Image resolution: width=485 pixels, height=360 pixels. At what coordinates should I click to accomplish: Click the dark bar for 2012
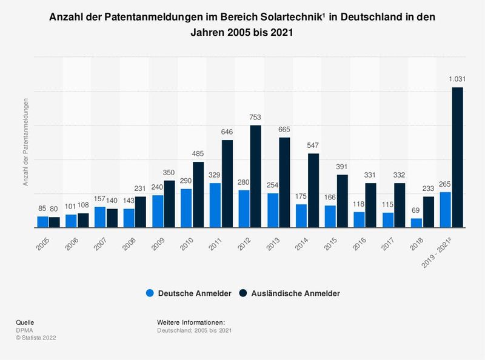[256, 176]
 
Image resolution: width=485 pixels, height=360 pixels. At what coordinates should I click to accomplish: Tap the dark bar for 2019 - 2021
[458, 158]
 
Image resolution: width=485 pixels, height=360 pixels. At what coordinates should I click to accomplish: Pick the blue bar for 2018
[416, 222]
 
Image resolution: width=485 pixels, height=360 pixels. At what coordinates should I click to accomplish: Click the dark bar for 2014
[313, 190]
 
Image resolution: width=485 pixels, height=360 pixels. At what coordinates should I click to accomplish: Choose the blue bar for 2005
[42, 221]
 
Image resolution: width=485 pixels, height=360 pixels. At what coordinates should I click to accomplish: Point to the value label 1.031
[457, 79]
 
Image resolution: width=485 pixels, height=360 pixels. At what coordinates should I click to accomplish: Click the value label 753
[256, 118]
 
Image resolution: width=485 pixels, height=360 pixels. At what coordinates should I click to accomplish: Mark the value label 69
[416, 210]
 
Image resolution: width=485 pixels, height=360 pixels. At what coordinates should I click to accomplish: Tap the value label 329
[215, 175]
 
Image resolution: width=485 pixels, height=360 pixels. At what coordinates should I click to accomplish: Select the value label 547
[313, 145]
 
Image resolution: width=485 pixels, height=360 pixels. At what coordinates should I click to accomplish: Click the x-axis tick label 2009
[158, 243]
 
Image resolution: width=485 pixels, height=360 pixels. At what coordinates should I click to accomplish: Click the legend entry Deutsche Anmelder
[189, 293]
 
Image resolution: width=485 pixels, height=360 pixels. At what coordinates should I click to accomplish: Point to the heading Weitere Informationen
[191, 322]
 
